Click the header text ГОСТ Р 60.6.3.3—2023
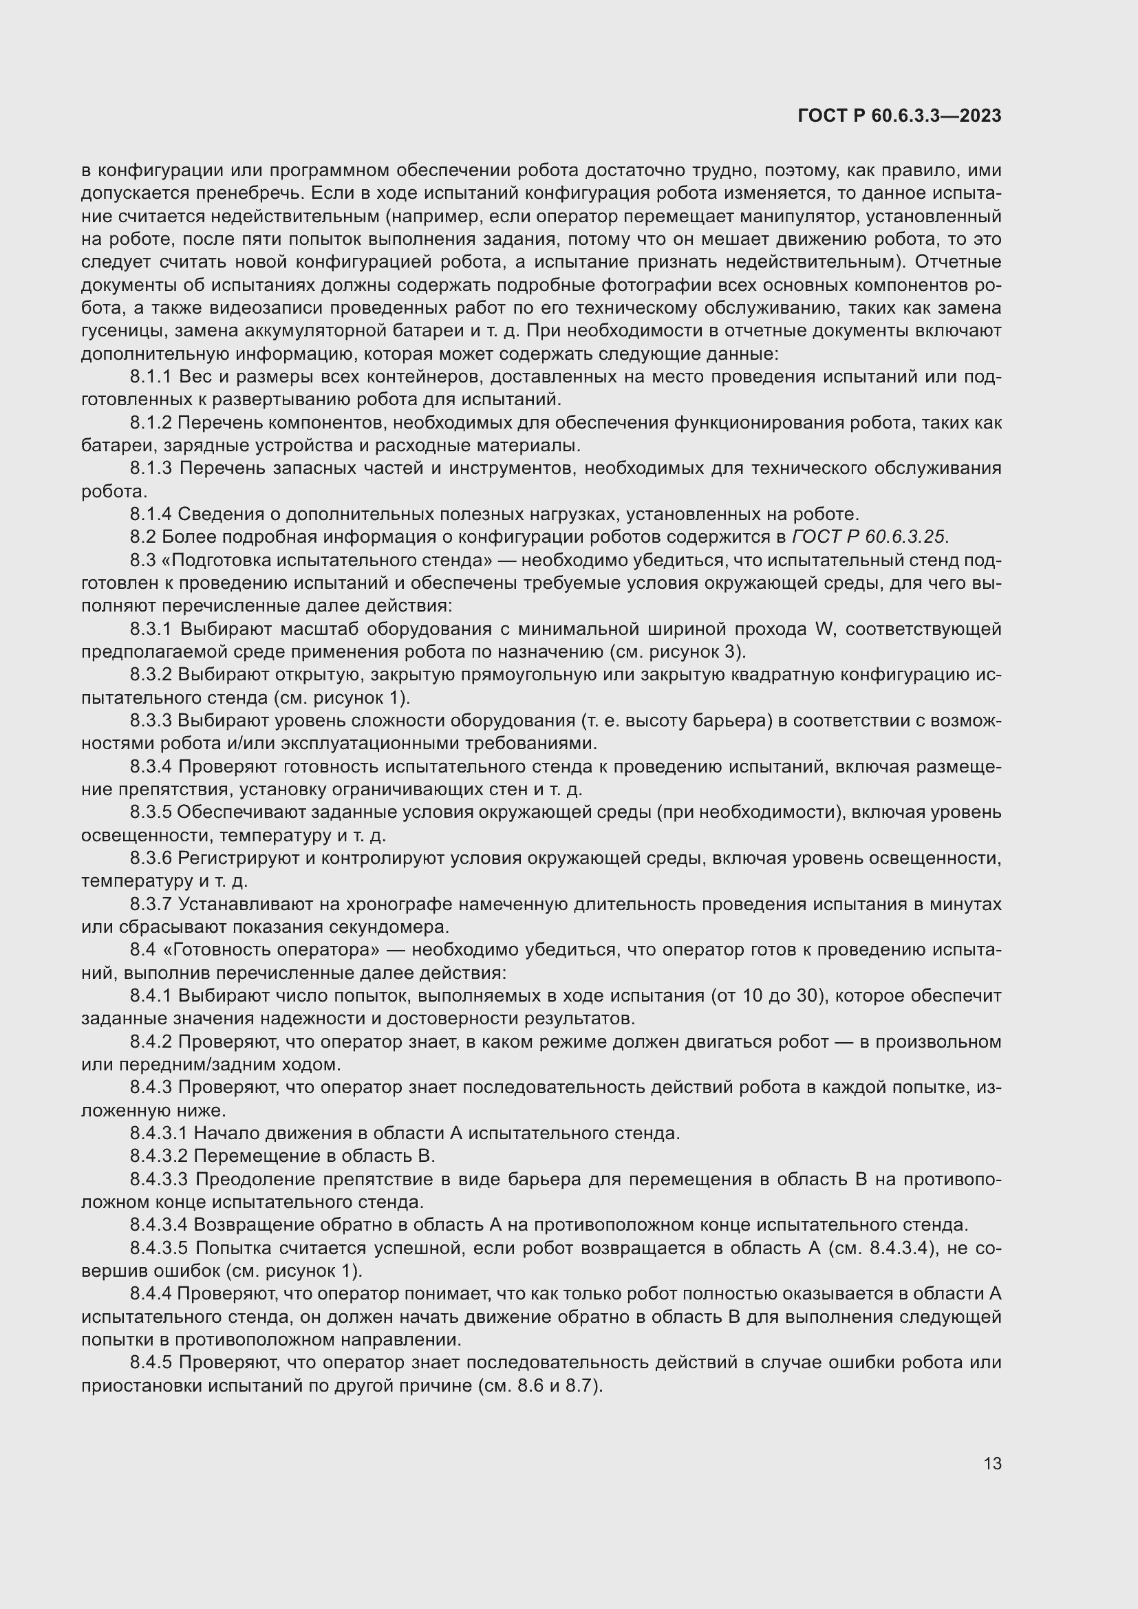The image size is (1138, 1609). point(899,116)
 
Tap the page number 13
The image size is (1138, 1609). point(992,1463)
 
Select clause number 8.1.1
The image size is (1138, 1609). point(151,377)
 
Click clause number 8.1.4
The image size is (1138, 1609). point(151,515)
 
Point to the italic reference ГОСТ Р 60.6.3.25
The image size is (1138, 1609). point(869,537)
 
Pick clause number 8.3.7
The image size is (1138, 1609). point(151,904)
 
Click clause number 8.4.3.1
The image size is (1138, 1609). point(159,1133)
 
